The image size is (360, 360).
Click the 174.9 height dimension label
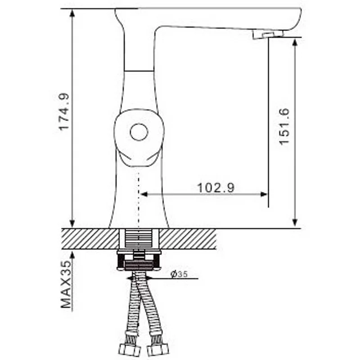64,112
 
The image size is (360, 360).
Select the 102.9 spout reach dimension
216,188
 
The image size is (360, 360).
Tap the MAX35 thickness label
67,285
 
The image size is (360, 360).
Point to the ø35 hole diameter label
179,274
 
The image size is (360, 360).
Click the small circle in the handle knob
139,133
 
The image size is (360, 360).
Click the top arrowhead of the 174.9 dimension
72,13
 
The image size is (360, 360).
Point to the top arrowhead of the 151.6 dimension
295,42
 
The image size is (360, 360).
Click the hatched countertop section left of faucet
90,238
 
